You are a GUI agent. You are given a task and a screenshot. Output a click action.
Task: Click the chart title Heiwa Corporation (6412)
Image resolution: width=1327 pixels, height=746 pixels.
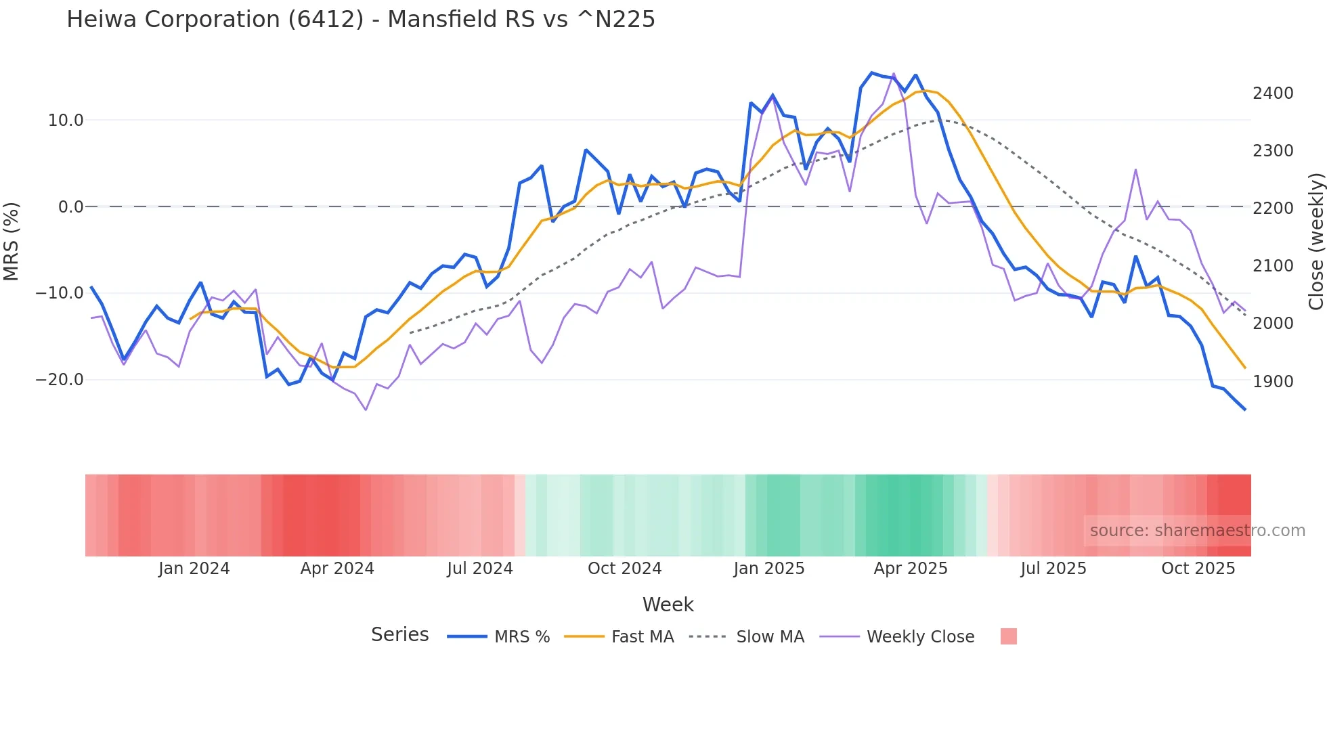tap(360, 20)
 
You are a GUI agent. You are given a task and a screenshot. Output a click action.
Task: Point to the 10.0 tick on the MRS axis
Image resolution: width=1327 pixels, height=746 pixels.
tap(66, 120)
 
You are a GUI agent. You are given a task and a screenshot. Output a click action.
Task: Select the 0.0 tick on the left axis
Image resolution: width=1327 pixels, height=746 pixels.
tap(70, 207)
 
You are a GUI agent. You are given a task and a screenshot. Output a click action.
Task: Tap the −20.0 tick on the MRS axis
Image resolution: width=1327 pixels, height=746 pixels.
tap(60, 380)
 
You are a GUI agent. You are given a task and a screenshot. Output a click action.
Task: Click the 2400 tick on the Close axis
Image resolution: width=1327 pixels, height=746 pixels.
tap(1273, 93)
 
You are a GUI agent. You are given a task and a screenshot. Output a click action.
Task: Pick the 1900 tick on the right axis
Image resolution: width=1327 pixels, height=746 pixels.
tap(1273, 382)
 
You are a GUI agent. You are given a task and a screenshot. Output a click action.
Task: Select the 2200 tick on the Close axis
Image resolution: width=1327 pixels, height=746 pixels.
tap(1273, 209)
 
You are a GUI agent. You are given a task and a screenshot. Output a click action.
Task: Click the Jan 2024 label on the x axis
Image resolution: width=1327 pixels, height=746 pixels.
tap(194, 569)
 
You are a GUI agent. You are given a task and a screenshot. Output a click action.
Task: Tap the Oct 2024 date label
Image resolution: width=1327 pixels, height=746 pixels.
tap(624, 569)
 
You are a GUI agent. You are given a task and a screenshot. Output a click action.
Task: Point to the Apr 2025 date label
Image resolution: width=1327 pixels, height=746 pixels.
tap(911, 569)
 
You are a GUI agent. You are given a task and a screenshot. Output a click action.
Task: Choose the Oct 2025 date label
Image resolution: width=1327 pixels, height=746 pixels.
tap(1198, 569)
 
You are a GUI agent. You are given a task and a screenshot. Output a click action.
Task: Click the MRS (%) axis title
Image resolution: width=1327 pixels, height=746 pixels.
tap(12, 242)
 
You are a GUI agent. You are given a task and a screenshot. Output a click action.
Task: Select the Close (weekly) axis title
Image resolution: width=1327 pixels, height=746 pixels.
tap(1315, 242)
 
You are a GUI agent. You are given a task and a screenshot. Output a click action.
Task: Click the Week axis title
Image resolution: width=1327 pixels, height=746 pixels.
tap(668, 605)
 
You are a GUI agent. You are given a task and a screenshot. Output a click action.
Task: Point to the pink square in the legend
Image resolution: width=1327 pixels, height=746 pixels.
tap(1009, 637)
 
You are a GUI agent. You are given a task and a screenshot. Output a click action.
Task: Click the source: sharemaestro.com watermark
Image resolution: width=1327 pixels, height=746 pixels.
tap(1197, 531)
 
